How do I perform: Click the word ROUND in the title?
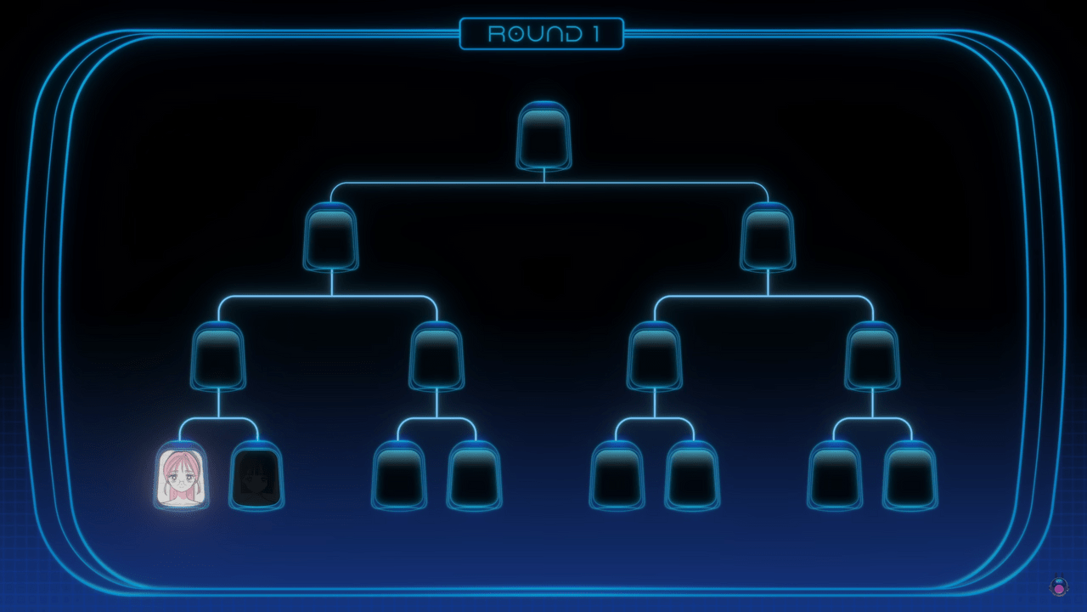(535, 34)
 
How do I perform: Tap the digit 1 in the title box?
(596, 34)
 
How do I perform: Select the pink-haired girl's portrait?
(182, 475)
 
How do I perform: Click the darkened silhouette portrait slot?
(256, 475)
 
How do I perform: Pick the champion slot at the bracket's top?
(543, 136)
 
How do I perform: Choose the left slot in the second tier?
(331, 236)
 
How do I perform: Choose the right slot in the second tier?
(768, 236)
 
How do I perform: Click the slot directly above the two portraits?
(218, 356)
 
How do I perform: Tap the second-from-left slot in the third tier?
(436, 356)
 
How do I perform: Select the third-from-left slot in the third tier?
(655, 356)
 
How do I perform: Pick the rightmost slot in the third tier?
(872, 356)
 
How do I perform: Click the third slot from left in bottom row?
(399, 475)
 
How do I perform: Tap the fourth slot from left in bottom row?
(475, 475)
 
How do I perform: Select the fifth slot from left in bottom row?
(617, 475)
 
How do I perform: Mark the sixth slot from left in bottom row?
(692, 475)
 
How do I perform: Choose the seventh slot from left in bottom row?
(835, 475)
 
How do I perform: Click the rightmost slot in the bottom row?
(910, 475)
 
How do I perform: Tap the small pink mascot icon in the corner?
(1058, 586)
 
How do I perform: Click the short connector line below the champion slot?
(544, 176)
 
